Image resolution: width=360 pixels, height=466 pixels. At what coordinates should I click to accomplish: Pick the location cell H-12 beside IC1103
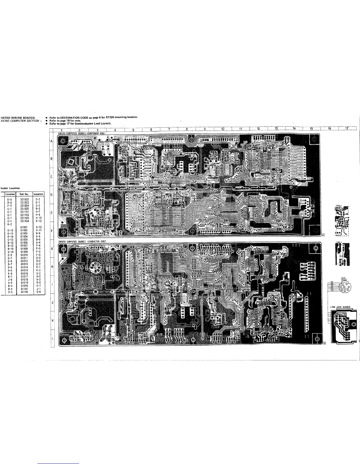point(38,218)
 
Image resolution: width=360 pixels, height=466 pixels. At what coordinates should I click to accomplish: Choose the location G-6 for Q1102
point(38,292)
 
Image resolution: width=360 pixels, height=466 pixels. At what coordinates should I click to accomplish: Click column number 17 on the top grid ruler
point(347,129)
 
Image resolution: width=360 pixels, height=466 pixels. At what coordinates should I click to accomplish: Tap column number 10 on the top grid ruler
point(223,129)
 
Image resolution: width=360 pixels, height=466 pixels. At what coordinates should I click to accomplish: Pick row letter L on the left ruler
point(52,338)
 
